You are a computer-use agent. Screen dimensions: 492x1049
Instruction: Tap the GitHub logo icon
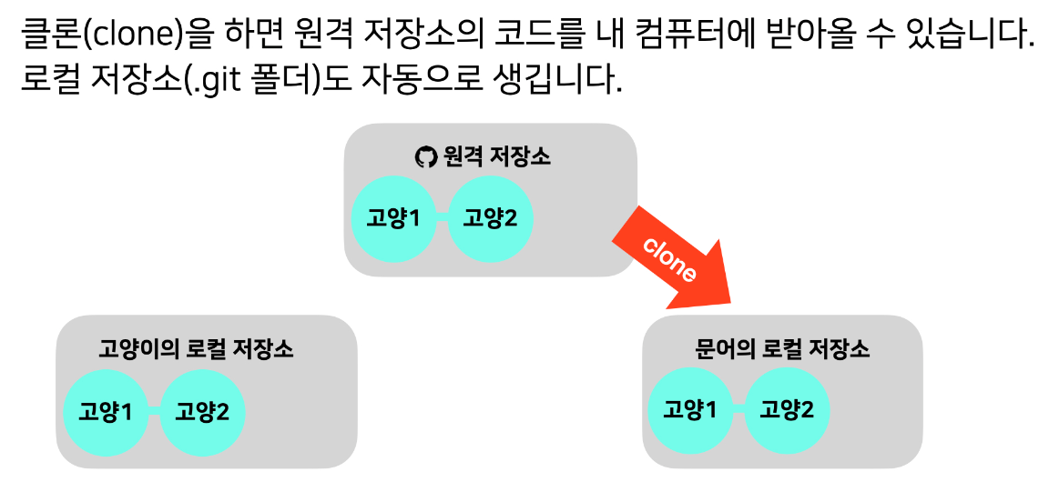tap(425, 157)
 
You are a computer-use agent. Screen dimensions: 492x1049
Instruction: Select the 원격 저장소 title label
tap(496, 157)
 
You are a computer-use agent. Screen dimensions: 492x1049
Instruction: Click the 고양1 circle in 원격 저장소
tap(392, 219)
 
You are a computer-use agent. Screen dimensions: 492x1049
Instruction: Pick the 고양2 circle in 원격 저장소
tap(490, 219)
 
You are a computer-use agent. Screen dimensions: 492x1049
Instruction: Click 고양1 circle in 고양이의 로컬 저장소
tap(106, 412)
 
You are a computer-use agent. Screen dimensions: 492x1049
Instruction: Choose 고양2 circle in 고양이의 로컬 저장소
tap(203, 412)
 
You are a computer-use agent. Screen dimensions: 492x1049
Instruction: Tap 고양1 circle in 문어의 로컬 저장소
tap(689, 410)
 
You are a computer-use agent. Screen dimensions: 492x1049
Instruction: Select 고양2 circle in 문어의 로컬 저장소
tap(787, 410)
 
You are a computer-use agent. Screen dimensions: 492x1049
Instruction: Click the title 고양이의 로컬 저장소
tap(196, 349)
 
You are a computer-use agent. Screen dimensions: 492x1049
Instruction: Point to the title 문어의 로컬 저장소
tap(782, 349)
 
